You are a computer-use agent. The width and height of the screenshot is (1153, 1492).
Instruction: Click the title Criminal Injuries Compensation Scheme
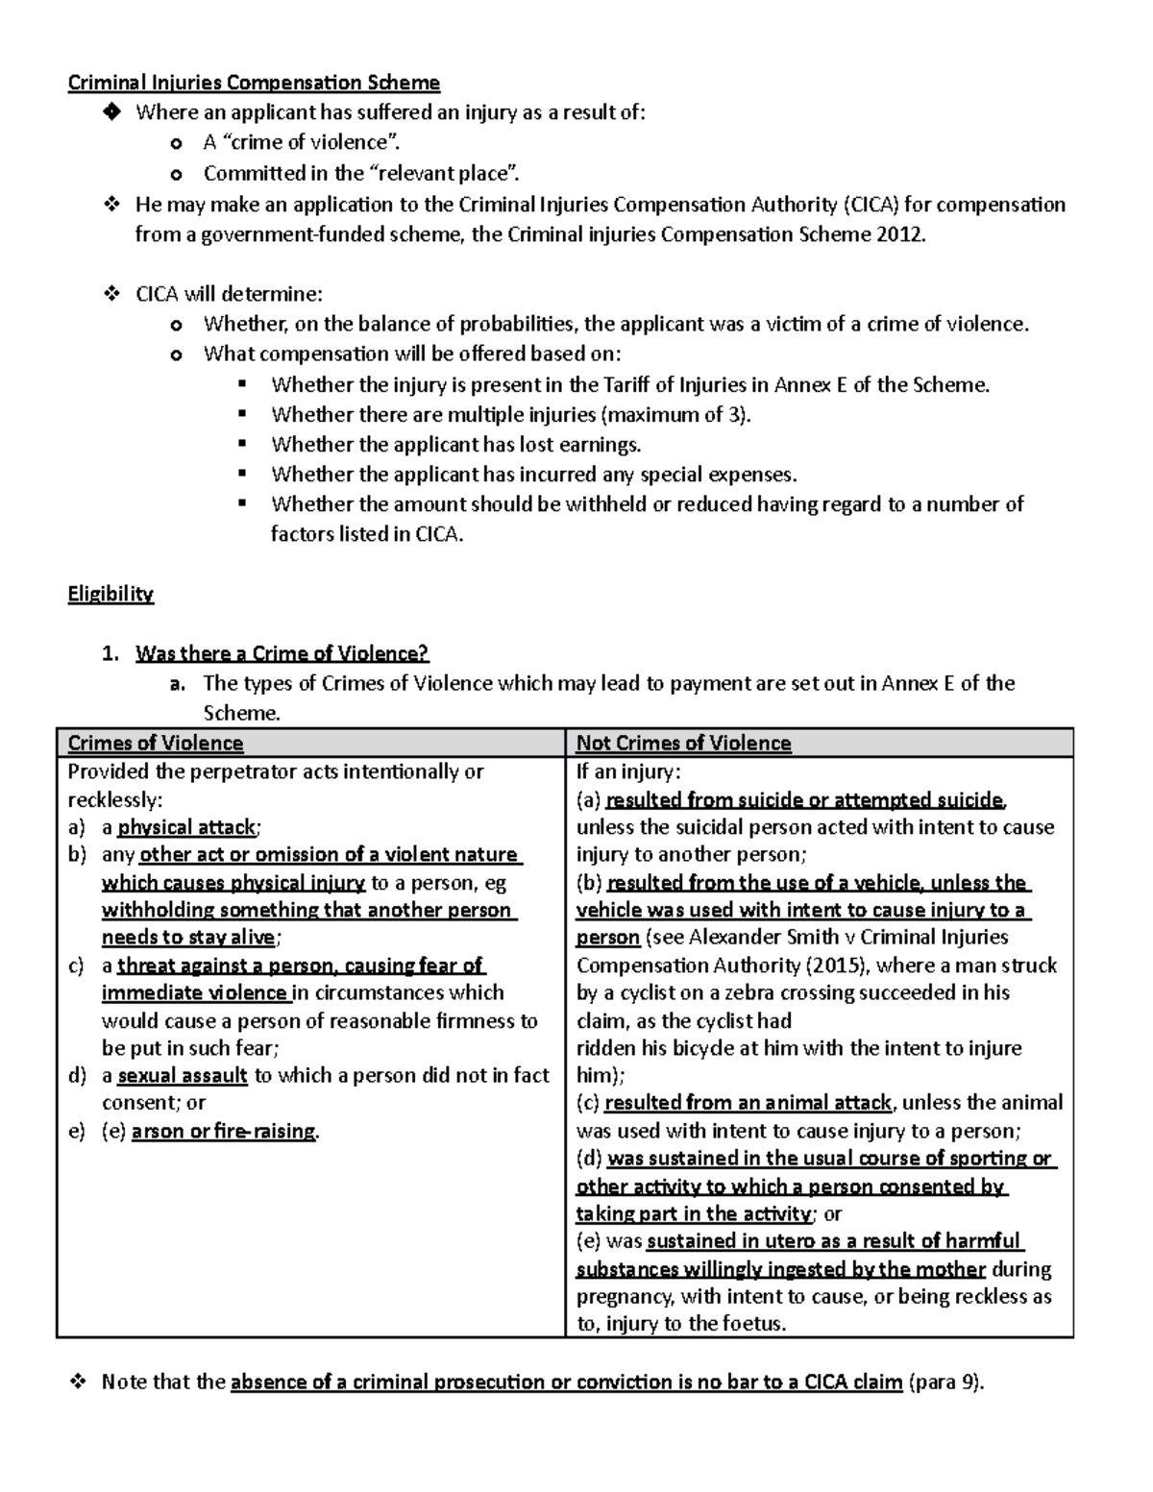pyautogui.click(x=254, y=83)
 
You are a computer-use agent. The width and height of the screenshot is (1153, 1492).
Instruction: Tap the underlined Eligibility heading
pyautogui.click(x=110, y=594)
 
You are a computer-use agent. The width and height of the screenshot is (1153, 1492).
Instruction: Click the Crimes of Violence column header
pyautogui.click(x=156, y=743)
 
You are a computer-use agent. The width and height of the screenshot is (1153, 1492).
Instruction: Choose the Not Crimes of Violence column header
pyautogui.click(x=683, y=743)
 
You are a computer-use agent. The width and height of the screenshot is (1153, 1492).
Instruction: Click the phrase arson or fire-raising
pyautogui.click(x=224, y=1131)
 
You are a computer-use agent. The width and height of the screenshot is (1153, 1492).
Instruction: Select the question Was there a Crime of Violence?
pyautogui.click(x=282, y=653)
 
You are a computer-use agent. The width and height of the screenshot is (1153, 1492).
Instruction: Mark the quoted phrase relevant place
pyautogui.click(x=444, y=174)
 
